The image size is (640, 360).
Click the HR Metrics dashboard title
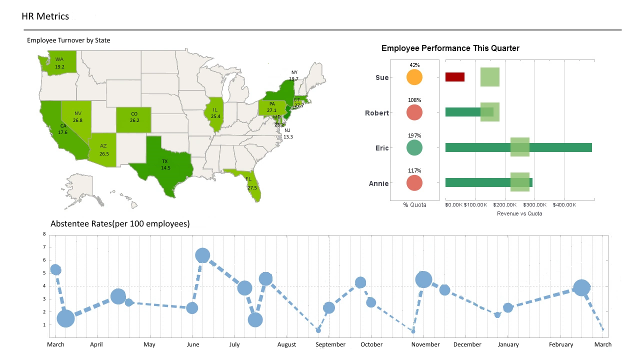coord(45,16)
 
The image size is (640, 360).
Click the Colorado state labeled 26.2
coord(133,117)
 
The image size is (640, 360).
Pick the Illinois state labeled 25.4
coord(215,114)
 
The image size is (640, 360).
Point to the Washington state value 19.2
coord(59,66)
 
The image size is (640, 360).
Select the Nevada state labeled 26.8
coord(77,117)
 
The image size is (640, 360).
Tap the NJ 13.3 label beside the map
coord(287,133)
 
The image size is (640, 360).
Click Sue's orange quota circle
coord(414,77)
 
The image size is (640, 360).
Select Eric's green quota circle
coord(414,148)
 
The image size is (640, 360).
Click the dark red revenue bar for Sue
coord(454,77)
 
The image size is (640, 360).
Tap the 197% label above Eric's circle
coord(414,135)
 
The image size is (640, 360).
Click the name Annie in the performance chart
coord(378,183)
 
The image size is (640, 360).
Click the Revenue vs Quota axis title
coord(519,213)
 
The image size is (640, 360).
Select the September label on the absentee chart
coord(330,344)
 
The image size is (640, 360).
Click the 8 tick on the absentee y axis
coord(44,234)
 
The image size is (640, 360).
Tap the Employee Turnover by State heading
coord(68,40)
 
